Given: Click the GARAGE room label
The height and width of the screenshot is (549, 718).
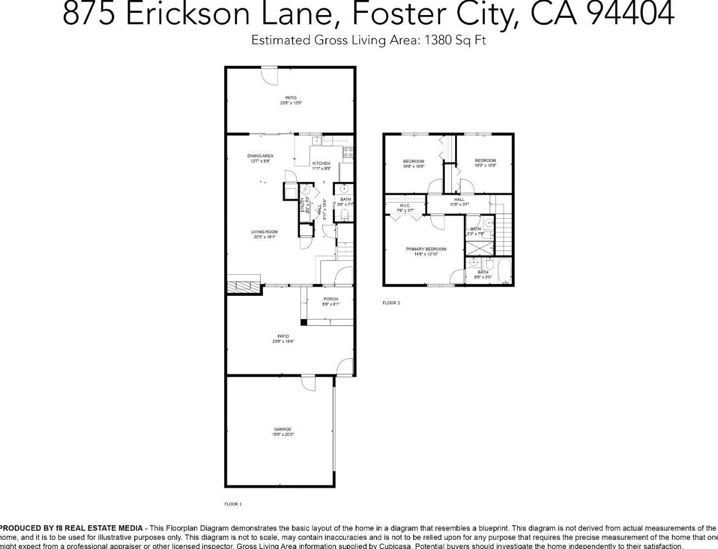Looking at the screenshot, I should click(282, 429).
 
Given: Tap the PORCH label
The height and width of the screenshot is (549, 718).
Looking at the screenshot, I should click(331, 299).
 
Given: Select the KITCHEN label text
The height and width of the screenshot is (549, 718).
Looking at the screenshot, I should click(321, 163).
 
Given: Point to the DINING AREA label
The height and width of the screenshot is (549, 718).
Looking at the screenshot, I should click(260, 156).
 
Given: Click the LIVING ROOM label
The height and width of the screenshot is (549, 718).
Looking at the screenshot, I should click(264, 232).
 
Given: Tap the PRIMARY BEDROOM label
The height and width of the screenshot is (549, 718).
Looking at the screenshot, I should click(426, 249).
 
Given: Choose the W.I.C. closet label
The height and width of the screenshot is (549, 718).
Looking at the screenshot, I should click(405, 205).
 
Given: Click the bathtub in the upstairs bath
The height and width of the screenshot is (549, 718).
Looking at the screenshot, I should click(505, 272).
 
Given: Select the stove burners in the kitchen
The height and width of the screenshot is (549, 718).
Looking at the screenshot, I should click(348, 152).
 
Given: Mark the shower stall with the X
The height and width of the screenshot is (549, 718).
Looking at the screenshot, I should click(479, 248).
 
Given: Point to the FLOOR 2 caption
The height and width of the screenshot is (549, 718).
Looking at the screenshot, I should click(391, 303).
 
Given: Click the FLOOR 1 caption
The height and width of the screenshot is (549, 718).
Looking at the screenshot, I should click(233, 504).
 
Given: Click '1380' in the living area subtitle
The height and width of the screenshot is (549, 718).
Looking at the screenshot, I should click(438, 40).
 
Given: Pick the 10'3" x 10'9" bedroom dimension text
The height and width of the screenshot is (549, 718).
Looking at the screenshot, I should click(485, 165).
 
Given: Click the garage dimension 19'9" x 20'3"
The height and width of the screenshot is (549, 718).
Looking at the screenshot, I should click(282, 434).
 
